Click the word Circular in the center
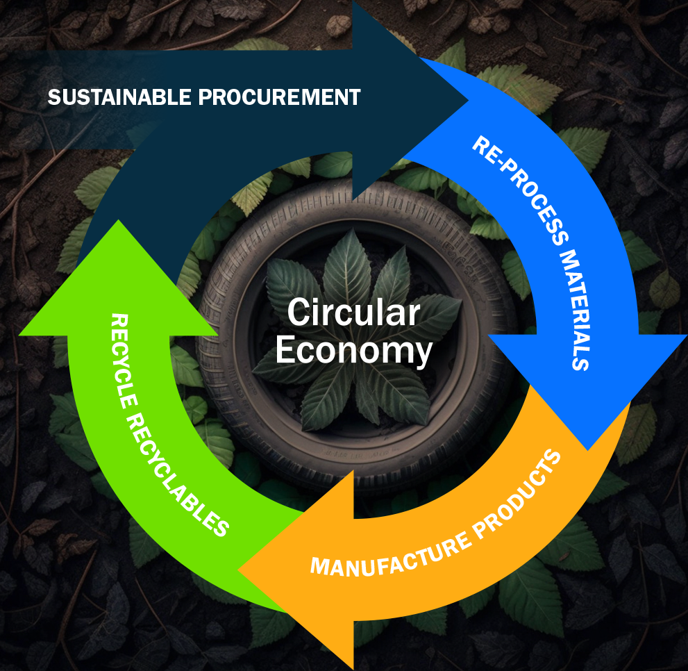coord(353,313)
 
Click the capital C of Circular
coord(299,313)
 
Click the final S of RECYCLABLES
coord(220,529)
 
